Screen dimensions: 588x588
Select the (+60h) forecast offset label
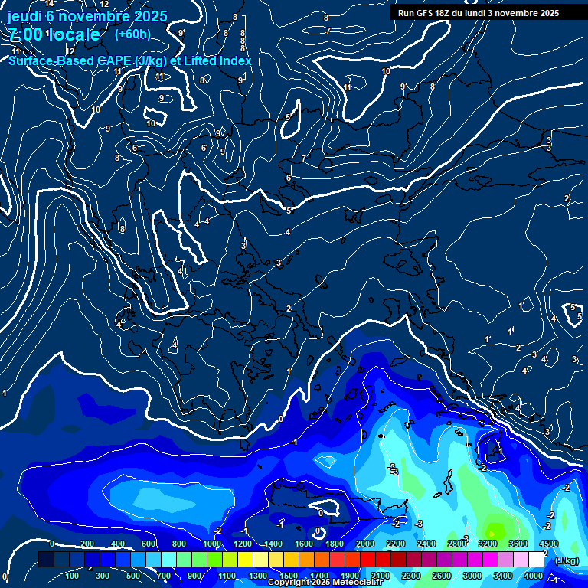132,34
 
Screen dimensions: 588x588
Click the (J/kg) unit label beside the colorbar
566,560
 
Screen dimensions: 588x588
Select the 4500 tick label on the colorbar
548,544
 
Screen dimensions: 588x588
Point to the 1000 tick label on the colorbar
211,544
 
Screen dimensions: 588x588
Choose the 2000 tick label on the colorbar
364,544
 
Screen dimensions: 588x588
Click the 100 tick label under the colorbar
72,576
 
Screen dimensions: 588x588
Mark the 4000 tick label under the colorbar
534,576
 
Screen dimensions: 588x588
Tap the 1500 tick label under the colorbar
288,576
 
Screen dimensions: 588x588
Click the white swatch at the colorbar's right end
536,560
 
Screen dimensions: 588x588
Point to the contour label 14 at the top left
49,4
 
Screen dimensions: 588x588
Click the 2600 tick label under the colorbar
442,576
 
